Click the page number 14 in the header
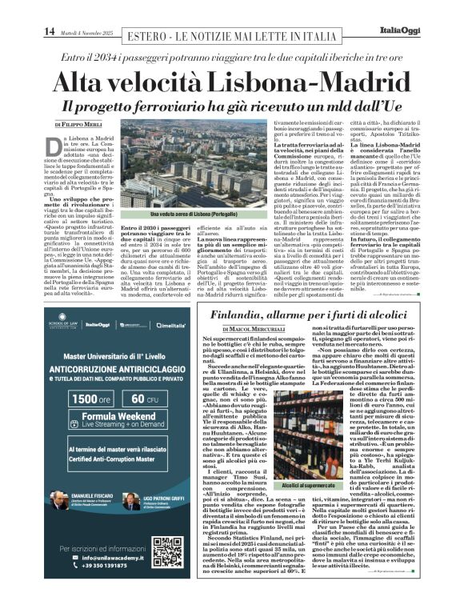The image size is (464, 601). [49, 31]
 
